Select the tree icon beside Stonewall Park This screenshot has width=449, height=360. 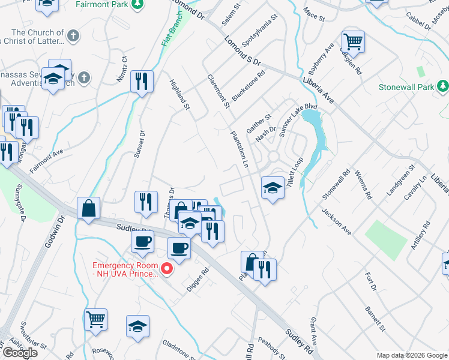443,87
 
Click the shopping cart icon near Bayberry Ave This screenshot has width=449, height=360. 354,42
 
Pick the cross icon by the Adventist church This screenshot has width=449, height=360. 84,77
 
